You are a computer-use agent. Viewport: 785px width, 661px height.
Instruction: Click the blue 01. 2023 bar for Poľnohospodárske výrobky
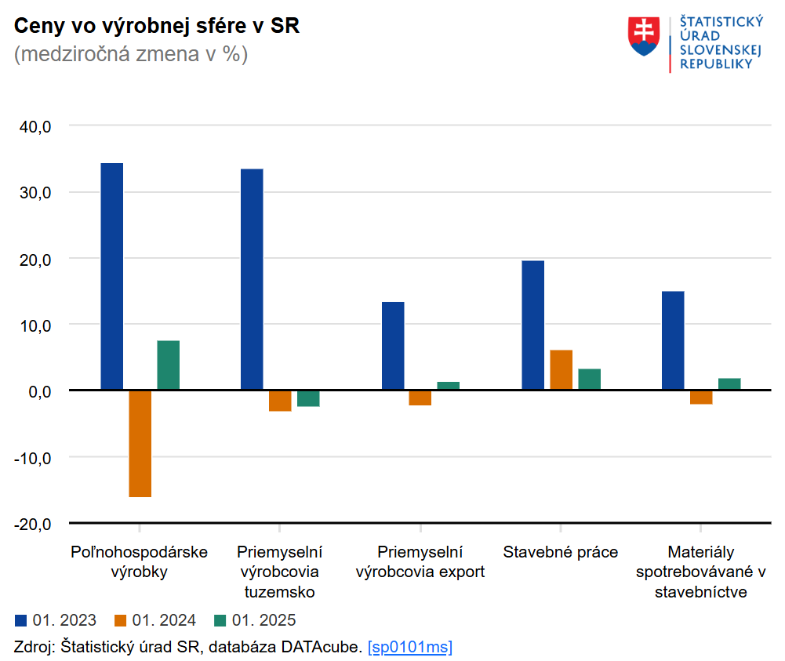pos(112,276)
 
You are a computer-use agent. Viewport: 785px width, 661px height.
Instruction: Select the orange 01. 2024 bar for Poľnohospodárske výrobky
pos(140,443)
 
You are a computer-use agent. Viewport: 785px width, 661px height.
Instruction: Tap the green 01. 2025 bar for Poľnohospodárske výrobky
pos(169,365)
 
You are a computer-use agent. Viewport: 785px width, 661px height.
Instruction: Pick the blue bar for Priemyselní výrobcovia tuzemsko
pos(252,279)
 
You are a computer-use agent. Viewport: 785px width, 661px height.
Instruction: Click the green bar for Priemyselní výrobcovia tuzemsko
pos(308,398)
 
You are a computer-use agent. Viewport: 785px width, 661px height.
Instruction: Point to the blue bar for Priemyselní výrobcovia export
pos(393,346)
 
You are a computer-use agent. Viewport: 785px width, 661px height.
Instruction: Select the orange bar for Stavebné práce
pos(561,370)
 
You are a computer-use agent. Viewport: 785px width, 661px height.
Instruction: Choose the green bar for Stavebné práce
pos(590,380)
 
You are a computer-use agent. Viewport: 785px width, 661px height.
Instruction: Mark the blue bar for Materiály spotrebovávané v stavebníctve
pos(673,340)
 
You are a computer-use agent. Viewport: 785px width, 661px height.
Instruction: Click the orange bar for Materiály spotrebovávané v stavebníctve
pos(701,397)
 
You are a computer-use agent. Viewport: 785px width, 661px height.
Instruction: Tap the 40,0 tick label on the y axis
pos(35,126)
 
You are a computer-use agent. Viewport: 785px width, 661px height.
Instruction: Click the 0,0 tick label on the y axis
pos(38,390)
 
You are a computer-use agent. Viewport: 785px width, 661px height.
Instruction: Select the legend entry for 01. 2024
pos(155,621)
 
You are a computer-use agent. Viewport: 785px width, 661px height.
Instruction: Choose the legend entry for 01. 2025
pos(255,621)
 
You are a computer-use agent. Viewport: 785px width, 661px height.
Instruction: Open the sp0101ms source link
pos(409,647)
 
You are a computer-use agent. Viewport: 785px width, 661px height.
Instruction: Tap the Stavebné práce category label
pos(560,551)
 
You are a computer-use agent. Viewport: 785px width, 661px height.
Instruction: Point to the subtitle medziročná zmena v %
pos(131,55)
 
